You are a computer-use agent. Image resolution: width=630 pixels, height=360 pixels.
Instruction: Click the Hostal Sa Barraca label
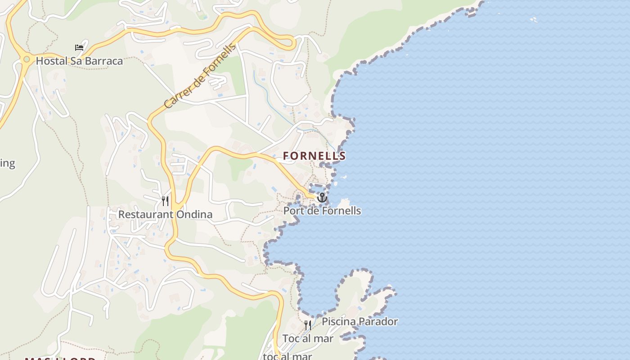[x=79, y=61]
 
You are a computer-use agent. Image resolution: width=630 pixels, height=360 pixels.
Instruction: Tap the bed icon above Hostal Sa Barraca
[x=79, y=47]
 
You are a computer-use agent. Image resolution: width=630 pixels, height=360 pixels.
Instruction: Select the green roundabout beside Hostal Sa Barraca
[x=27, y=59]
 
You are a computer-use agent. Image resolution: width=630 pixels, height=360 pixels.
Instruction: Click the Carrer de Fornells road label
[x=200, y=76]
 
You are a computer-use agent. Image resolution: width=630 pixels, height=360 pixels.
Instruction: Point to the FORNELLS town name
[x=314, y=156]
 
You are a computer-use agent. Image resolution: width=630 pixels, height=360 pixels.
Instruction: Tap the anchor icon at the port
[x=322, y=198]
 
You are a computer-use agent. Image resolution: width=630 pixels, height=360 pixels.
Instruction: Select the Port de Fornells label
[x=322, y=210]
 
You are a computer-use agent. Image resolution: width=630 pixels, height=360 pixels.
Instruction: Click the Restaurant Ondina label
[x=165, y=214]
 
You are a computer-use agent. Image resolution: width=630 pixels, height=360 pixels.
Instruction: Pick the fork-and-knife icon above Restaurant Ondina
[x=165, y=201]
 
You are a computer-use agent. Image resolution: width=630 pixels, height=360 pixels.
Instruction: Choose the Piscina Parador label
[x=360, y=321]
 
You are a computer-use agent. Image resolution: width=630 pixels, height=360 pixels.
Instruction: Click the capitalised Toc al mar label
[x=308, y=338]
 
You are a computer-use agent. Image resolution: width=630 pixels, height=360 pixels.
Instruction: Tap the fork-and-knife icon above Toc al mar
[x=308, y=325]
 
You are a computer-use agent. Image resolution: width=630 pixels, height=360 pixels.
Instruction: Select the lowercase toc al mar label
[x=288, y=356]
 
